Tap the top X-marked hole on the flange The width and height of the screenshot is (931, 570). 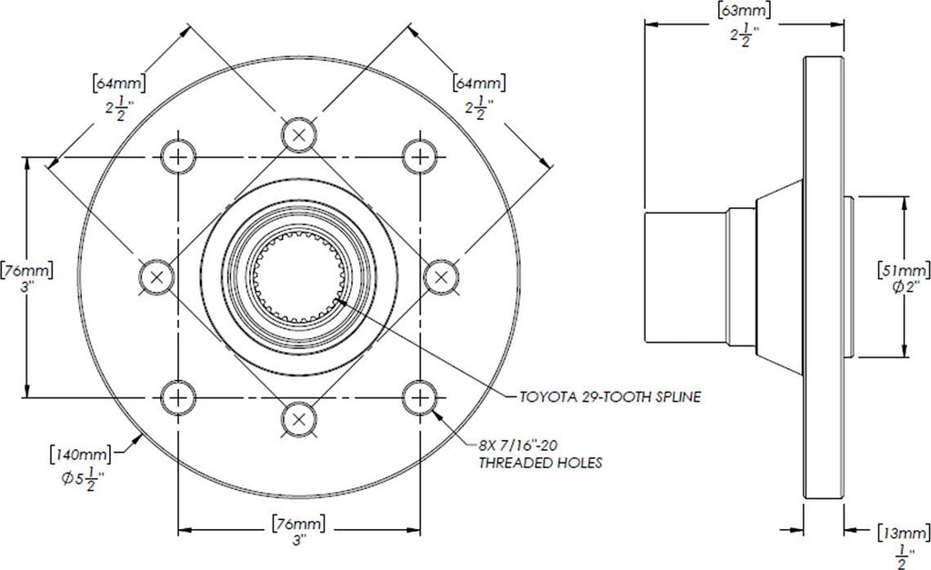(299, 135)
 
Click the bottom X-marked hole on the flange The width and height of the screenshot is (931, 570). (299, 418)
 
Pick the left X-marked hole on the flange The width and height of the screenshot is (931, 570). (157, 276)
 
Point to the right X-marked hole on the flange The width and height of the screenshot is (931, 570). (441, 276)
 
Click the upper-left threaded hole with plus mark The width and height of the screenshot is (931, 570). (179, 156)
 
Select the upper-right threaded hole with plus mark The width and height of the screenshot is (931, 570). (420, 156)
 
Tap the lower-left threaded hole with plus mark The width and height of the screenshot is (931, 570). (179, 396)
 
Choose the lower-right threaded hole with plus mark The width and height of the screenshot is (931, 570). (420, 396)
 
